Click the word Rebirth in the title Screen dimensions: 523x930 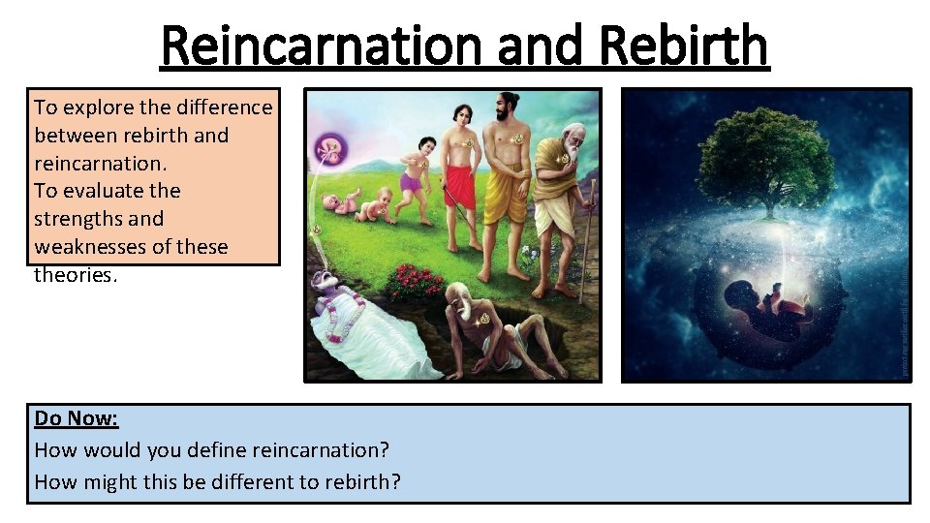tap(684, 46)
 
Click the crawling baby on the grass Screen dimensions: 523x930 tap(372, 206)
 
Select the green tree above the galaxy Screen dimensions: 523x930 tap(765, 155)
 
